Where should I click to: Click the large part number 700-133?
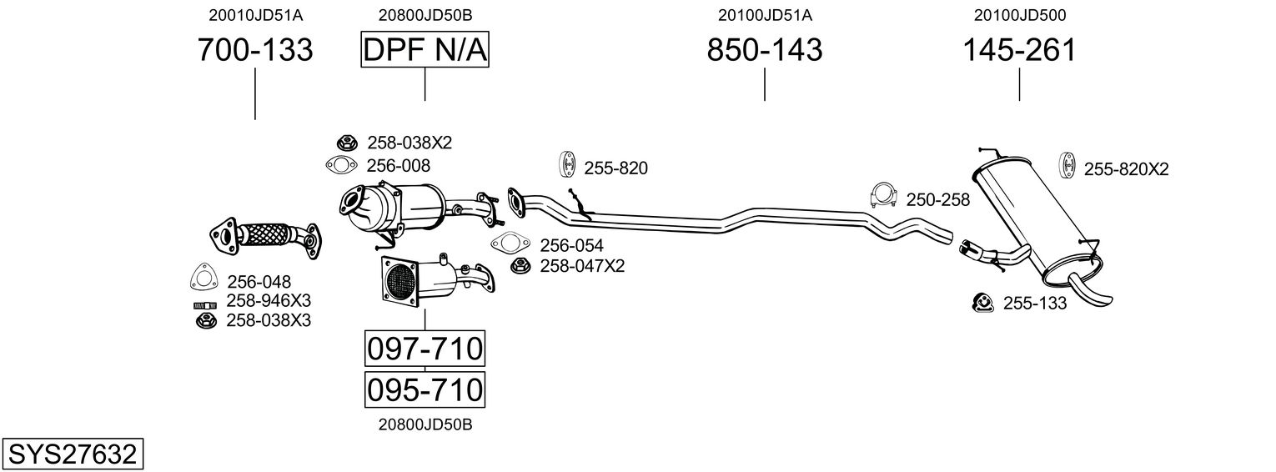click(255, 51)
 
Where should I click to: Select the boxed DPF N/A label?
click(424, 51)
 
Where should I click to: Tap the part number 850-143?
click(765, 51)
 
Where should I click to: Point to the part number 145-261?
click(1019, 51)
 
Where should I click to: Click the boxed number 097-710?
click(424, 349)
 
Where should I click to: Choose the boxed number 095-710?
click(424, 389)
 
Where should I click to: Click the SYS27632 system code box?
click(72, 454)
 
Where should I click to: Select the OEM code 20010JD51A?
click(255, 15)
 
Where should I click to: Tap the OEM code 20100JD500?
click(1019, 15)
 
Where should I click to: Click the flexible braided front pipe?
click(269, 233)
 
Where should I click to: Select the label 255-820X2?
click(1126, 169)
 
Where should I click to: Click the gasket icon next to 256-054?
click(510, 244)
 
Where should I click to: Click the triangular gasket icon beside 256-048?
click(203, 277)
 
